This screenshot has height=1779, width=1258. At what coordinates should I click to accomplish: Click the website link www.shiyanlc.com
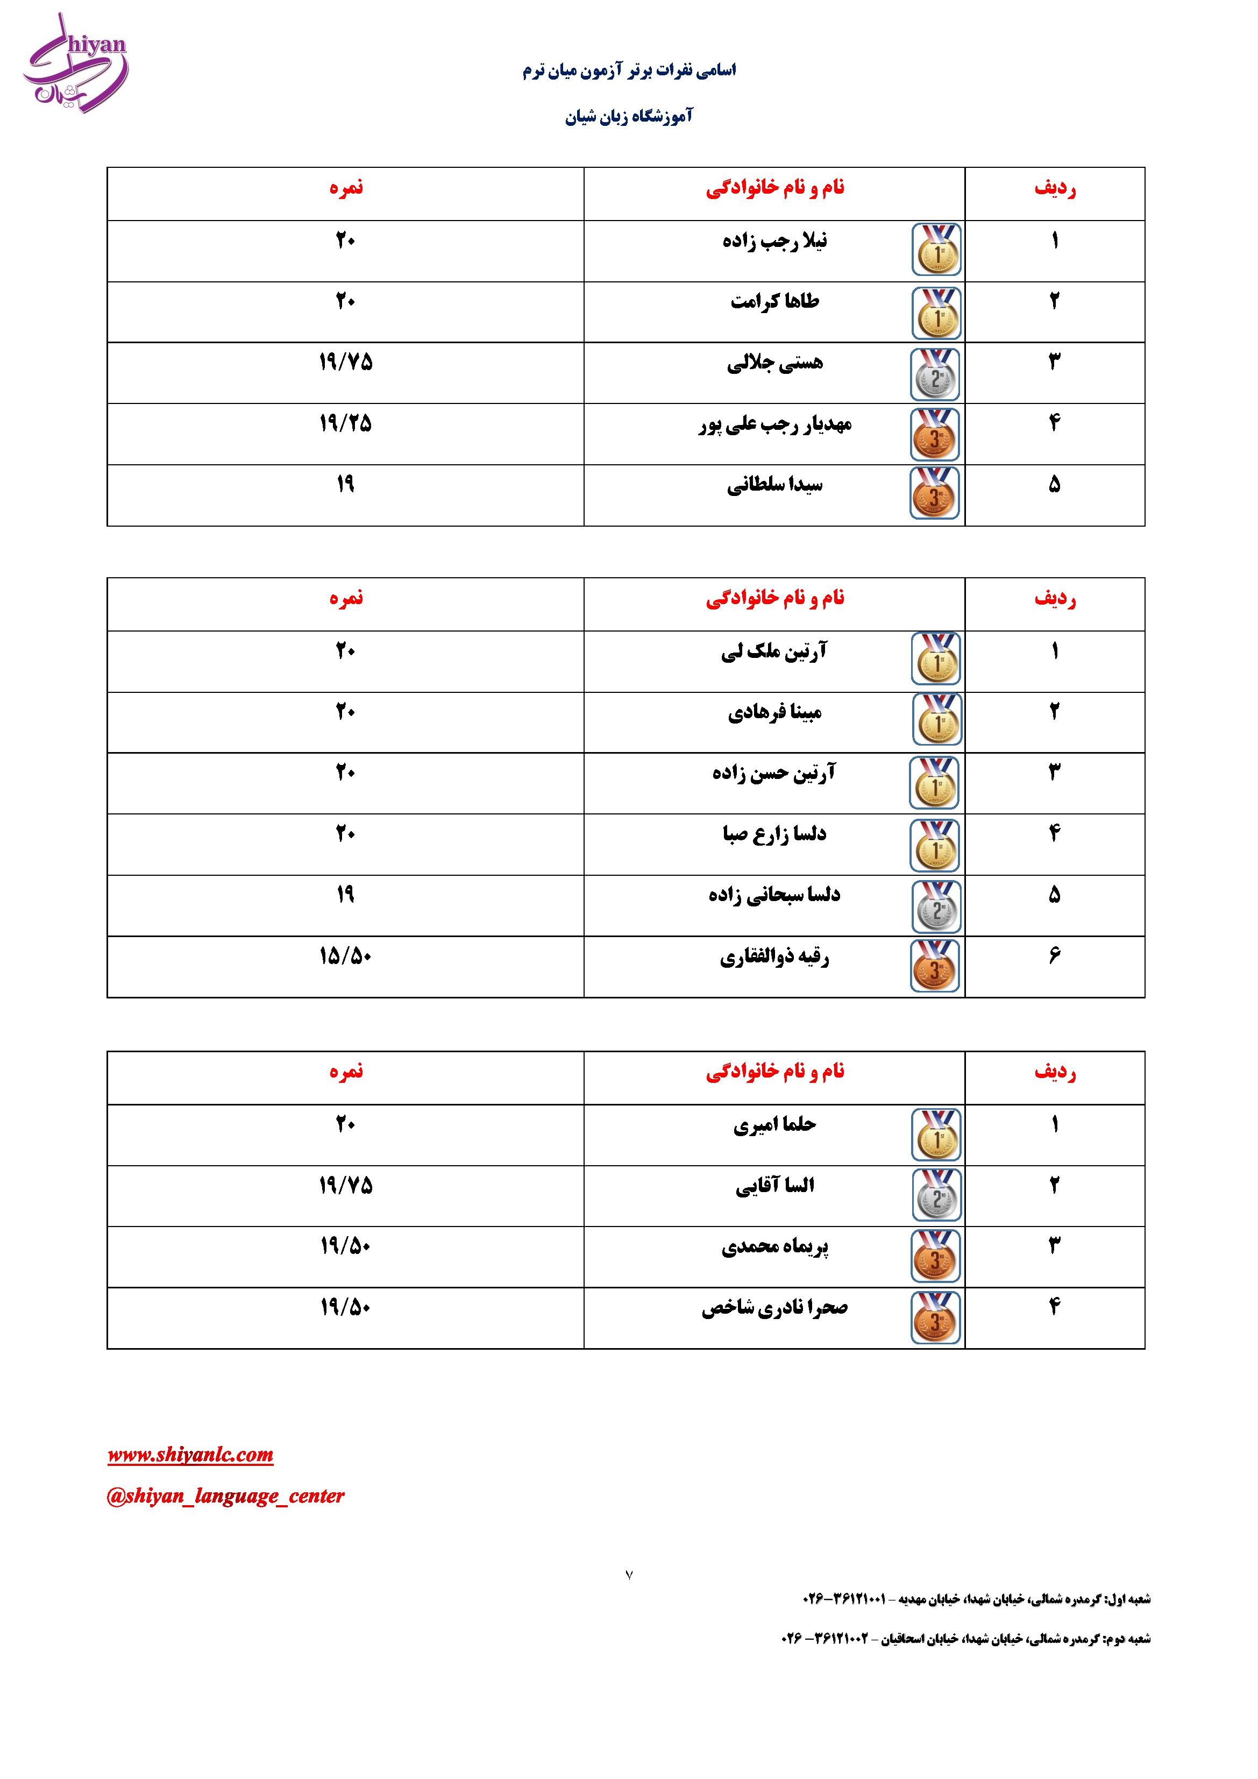point(190,1455)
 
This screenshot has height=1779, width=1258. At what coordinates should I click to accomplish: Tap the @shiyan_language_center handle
point(225,1496)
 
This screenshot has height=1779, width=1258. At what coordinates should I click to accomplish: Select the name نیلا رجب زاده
point(774,241)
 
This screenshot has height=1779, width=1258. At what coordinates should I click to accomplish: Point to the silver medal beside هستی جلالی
point(935,373)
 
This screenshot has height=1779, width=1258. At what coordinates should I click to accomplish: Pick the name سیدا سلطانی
point(774,485)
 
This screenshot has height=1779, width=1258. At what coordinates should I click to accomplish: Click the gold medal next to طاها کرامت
point(936,313)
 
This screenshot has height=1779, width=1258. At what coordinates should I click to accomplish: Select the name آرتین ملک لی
point(774,651)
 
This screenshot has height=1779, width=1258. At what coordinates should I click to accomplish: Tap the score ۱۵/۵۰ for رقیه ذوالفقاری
point(345,956)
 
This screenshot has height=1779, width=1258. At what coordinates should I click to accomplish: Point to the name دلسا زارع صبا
point(774,834)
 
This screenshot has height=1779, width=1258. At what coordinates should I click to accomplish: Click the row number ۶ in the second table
point(1054,956)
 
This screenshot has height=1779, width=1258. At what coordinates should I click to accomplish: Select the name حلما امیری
point(774,1124)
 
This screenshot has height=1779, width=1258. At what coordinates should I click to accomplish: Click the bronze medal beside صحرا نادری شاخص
point(935,1317)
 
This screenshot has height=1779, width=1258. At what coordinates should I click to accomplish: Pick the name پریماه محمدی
point(774,1246)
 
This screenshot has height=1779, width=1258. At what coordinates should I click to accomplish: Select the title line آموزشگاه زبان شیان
point(629,116)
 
